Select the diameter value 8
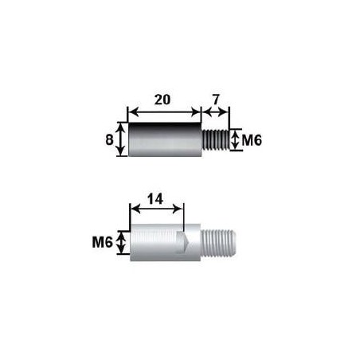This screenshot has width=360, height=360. point(110,139)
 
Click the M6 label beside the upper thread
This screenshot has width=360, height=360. point(252,140)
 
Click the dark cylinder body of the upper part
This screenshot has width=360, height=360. point(163,139)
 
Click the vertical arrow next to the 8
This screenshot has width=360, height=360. point(121,139)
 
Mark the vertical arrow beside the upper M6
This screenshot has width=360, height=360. point(235,140)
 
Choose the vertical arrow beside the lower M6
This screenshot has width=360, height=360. point(121,242)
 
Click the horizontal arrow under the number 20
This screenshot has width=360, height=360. point(163,112)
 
